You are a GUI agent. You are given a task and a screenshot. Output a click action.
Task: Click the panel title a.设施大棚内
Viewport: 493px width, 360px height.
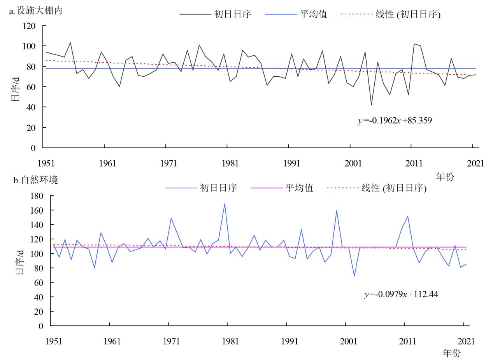(35, 11)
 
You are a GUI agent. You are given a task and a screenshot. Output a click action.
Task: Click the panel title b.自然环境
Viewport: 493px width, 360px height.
(35, 181)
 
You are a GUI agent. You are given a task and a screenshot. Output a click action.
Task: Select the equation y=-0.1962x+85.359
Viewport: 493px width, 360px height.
(395, 121)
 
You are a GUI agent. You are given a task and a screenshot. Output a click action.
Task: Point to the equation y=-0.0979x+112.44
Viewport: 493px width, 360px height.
(401, 295)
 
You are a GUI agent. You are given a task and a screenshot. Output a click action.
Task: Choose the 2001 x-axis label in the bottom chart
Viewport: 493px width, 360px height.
(349, 341)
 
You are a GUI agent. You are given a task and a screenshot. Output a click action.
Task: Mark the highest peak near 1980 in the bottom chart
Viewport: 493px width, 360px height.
(225, 204)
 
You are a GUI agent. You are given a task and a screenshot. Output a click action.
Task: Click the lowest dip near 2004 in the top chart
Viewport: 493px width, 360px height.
(371, 105)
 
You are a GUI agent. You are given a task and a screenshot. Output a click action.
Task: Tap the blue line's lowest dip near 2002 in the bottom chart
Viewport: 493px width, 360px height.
(354, 276)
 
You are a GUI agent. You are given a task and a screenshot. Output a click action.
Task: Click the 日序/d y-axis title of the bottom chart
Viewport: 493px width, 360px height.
(19, 261)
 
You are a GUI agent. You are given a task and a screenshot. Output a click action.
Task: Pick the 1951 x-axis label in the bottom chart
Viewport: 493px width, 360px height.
(54, 341)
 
